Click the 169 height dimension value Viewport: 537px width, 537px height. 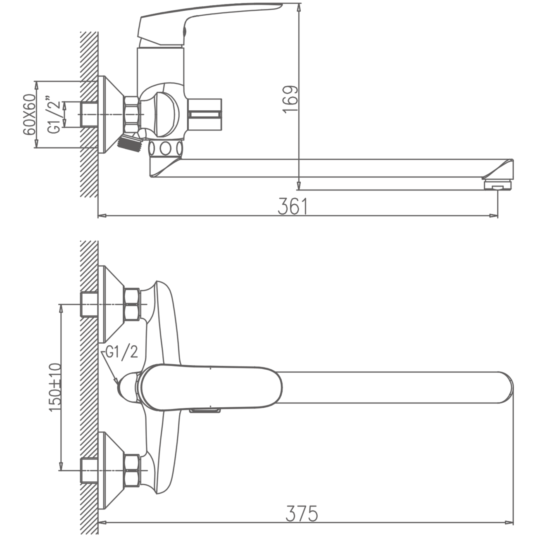[291, 99]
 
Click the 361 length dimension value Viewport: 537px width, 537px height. [293, 206]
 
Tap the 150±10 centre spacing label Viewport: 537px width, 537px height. [55, 387]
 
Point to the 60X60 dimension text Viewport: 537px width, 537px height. [29, 114]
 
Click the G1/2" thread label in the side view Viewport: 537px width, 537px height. [54, 114]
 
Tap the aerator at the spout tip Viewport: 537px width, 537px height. [498, 185]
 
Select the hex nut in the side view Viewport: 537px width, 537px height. [131, 114]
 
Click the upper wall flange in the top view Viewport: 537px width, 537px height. [112, 304]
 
